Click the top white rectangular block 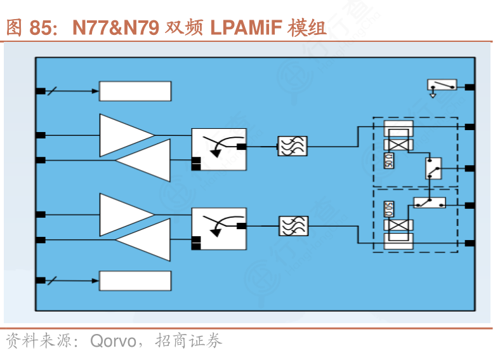(x=135, y=91)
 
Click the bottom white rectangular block (x=135, y=281)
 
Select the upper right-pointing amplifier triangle (x=124, y=135)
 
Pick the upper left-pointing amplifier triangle (x=147, y=159)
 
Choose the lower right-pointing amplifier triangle (x=124, y=214)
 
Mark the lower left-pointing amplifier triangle (x=147, y=239)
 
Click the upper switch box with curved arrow (x=219, y=150)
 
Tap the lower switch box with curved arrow (x=219, y=229)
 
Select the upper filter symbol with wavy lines (x=293, y=146)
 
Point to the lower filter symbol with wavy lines (x=293, y=225)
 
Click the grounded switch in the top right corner (x=442, y=86)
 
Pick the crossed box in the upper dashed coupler (x=398, y=145)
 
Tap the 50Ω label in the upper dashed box (x=388, y=161)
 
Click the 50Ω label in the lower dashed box (x=388, y=209)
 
